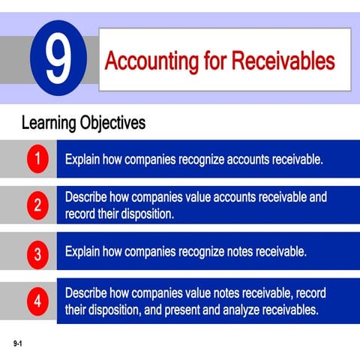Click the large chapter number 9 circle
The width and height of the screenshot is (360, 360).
point(56,60)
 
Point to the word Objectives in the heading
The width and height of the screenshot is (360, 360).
point(114,121)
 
